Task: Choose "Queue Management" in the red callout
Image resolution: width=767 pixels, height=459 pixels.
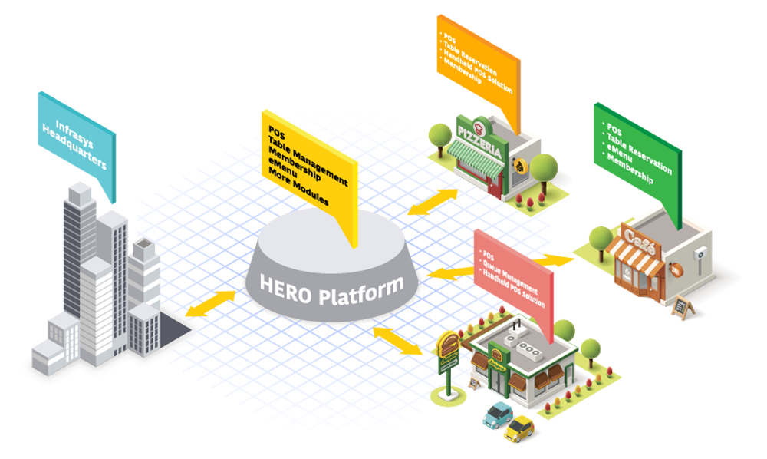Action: click(511, 274)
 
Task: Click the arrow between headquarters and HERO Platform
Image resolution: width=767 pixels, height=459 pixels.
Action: click(215, 302)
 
